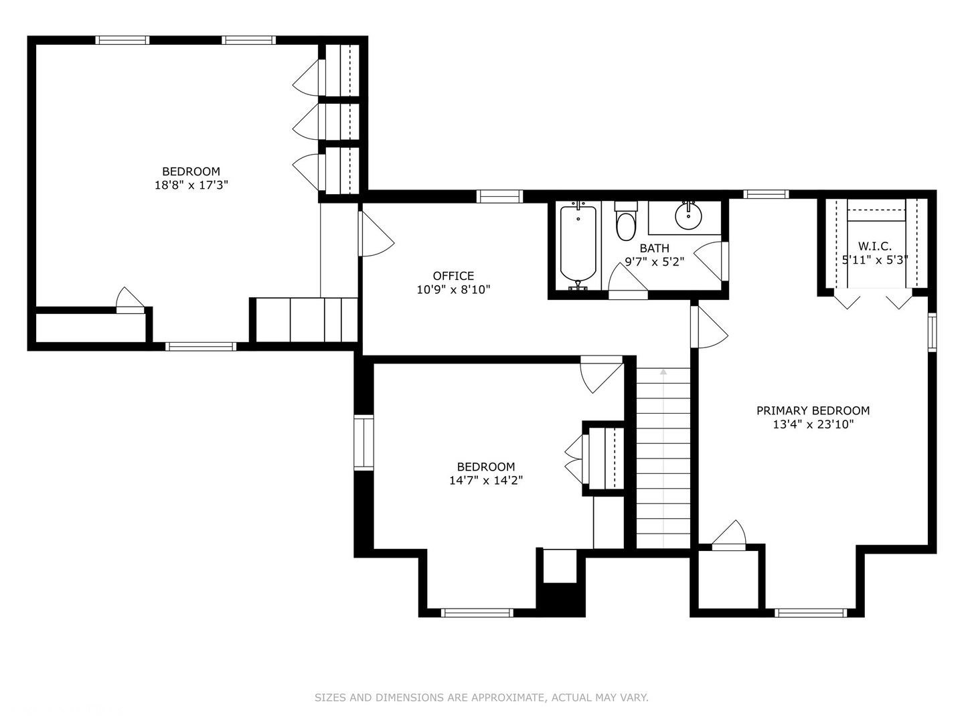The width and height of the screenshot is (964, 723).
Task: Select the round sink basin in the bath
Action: click(688, 216)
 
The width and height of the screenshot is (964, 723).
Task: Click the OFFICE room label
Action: click(453, 276)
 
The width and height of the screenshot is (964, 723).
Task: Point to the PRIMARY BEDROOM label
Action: click(813, 410)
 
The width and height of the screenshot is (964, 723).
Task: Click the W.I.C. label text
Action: click(874, 246)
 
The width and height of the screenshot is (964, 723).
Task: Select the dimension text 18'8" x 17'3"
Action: click(191, 185)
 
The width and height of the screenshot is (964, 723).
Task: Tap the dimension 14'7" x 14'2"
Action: click(485, 480)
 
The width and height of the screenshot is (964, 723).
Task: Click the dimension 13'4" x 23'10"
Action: click(813, 424)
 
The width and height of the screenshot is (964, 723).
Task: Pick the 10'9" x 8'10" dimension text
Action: click(453, 290)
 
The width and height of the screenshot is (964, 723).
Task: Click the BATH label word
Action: click(654, 248)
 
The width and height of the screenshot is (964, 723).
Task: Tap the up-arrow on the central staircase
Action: click(663, 372)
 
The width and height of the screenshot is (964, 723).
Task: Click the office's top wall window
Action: click(499, 196)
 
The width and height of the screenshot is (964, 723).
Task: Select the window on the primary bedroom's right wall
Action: click(932, 333)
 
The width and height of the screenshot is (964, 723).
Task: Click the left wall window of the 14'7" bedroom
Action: click(364, 442)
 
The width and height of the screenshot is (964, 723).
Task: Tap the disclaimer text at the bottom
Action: click(481, 698)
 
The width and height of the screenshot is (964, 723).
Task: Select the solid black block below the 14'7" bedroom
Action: click(560, 599)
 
